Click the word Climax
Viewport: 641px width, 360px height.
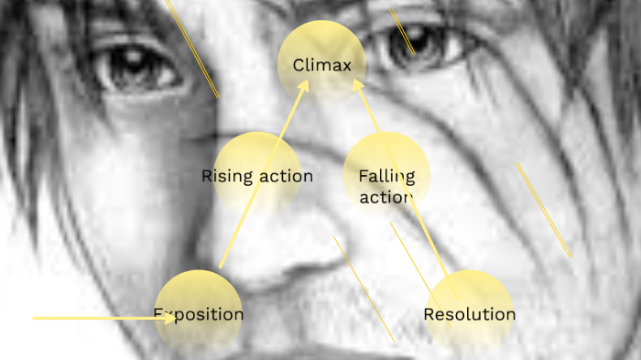point(322,65)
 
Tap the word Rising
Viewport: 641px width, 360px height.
point(227,176)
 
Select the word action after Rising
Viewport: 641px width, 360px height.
point(285,176)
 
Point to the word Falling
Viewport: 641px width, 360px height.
point(386,176)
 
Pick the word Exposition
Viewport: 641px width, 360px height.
point(198,314)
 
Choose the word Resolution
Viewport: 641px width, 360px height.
point(469,314)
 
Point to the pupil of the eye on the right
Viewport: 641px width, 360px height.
point(403,43)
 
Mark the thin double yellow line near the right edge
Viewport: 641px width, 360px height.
point(544,210)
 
